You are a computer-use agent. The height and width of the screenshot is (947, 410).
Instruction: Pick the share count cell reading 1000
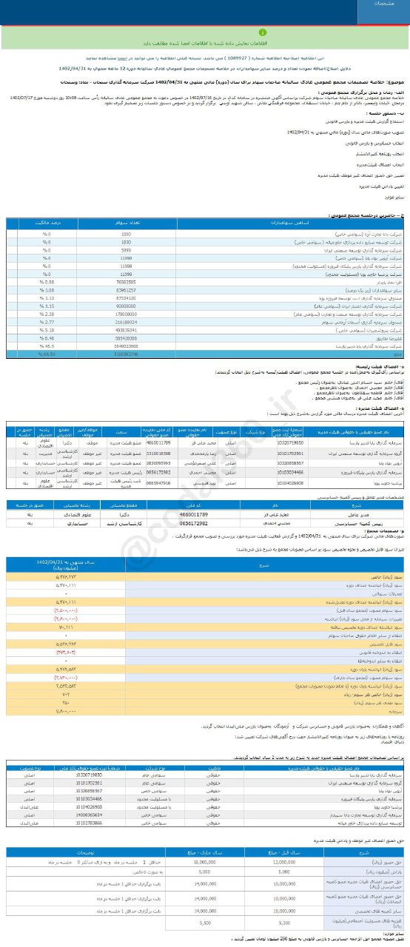click(x=126, y=233)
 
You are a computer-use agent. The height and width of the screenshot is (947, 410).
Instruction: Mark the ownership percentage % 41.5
click(x=45, y=346)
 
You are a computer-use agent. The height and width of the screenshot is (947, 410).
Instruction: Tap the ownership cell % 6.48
click(x=45, y=338)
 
